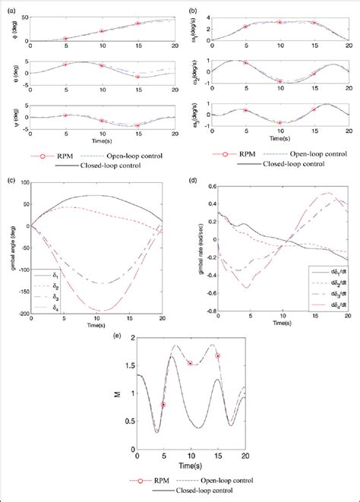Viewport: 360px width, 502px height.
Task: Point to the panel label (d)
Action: [193, 180]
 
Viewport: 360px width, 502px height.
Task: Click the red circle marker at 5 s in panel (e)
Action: [163, 405]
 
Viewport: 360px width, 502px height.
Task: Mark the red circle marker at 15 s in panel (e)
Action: [217, 355]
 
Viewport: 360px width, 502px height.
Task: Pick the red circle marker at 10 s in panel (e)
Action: [191, 363]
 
